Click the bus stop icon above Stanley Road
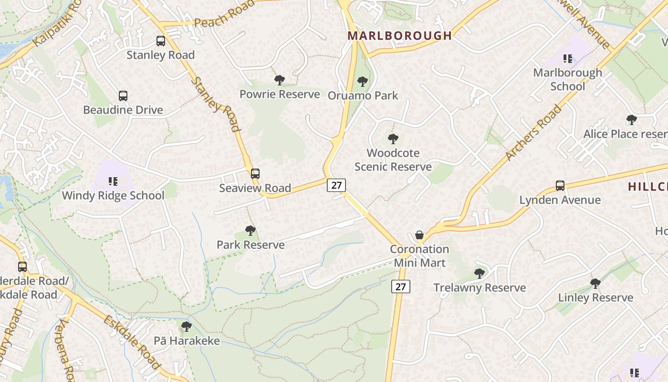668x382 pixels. pos(161,41)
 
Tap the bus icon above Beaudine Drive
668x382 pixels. pos(123,96)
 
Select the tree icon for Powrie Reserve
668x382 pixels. pos(280,80)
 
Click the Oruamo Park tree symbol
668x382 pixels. pos(363,82)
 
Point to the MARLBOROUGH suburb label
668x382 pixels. pos(400,36)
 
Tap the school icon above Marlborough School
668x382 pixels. pos(567,59)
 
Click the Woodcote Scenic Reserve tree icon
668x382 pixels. pos(393,139)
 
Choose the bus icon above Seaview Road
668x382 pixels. pos(255,174)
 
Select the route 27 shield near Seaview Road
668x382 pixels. pos(336,185)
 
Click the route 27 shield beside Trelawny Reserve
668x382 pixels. pos(401,286)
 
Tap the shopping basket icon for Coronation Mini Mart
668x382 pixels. pos(419,235)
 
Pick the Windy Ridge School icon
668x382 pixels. pos(113,181)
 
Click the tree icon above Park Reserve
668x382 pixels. pos(250,231)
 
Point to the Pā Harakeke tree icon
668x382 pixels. pos(187,327)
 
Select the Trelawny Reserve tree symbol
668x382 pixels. pos(480,274)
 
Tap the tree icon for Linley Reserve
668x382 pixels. pos(595,284)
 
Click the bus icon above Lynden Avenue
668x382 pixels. pos(560,185)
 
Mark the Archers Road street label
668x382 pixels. pos(533,133)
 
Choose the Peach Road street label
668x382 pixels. pos(225,14)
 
